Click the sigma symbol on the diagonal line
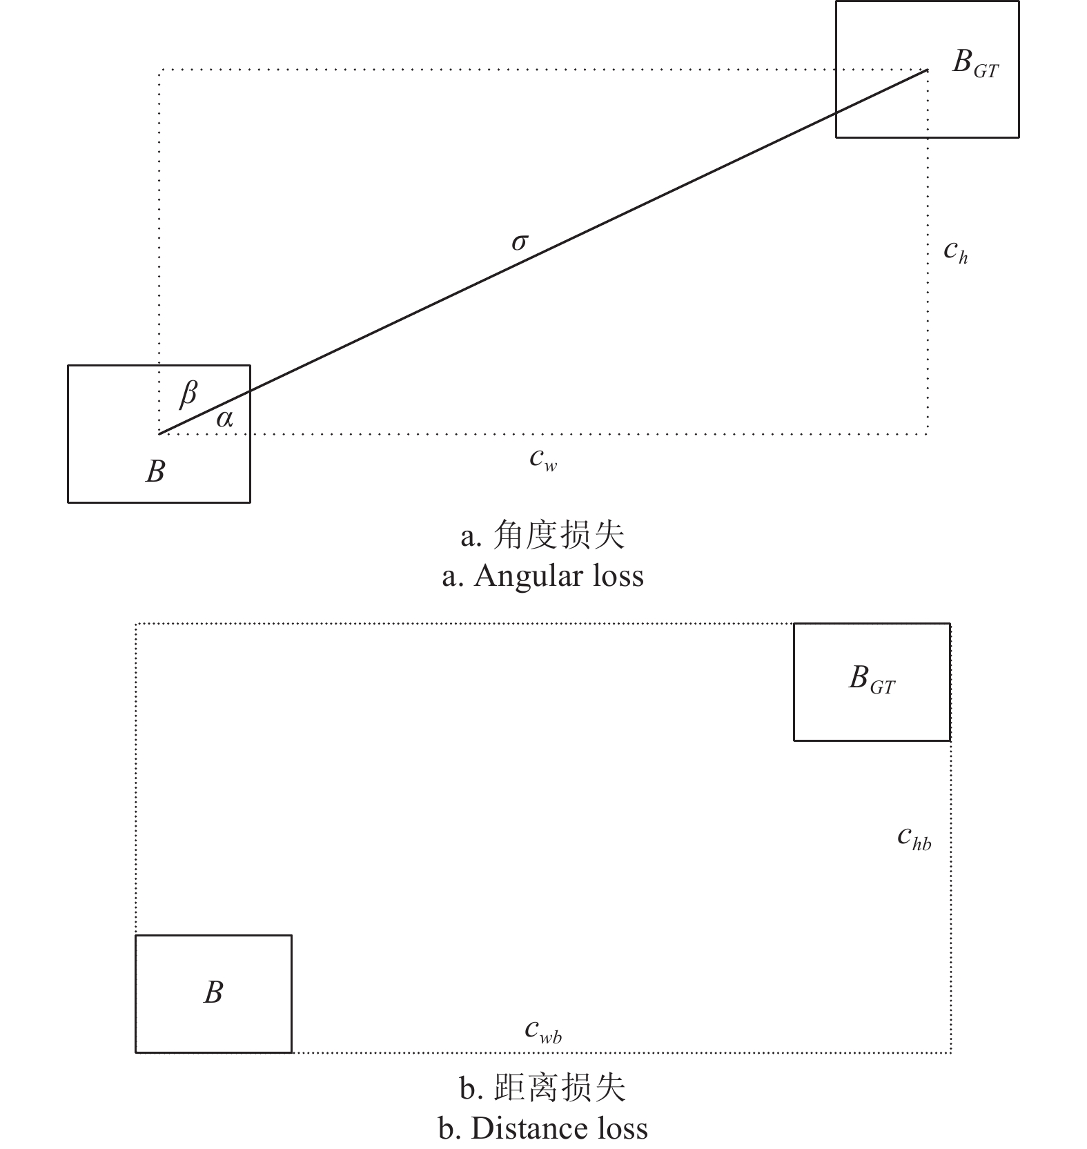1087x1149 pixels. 520,242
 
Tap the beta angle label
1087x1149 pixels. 188,393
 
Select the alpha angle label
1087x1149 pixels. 225,418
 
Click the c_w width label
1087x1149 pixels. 543,458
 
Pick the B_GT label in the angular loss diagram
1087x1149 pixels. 975,63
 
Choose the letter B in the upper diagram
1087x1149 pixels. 156,472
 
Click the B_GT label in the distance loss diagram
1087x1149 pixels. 872,679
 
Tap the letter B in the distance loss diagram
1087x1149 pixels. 213,992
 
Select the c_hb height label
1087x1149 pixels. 914,838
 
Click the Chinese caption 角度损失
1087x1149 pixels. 559,535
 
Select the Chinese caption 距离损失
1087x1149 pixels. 560,1088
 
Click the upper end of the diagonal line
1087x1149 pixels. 926,70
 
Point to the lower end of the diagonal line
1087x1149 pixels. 160,433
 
